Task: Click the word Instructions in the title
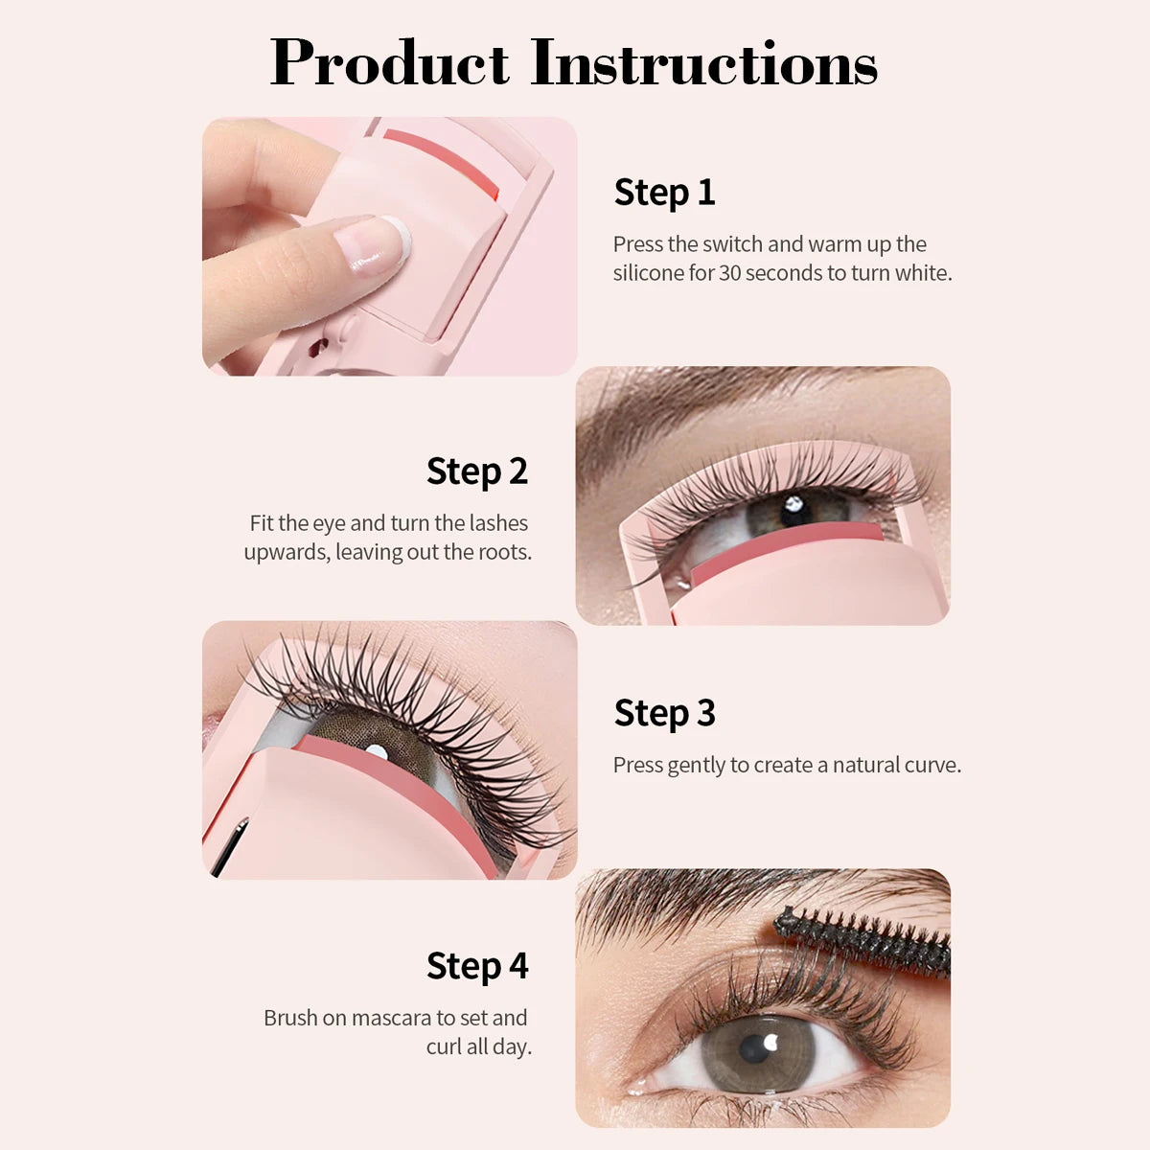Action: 703,63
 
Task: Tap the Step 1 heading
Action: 664,193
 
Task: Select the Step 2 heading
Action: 476,471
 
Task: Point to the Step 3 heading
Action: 664,714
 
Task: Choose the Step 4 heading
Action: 476,966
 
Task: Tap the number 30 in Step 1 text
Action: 729,273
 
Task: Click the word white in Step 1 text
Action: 922,273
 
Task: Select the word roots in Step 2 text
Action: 503,553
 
